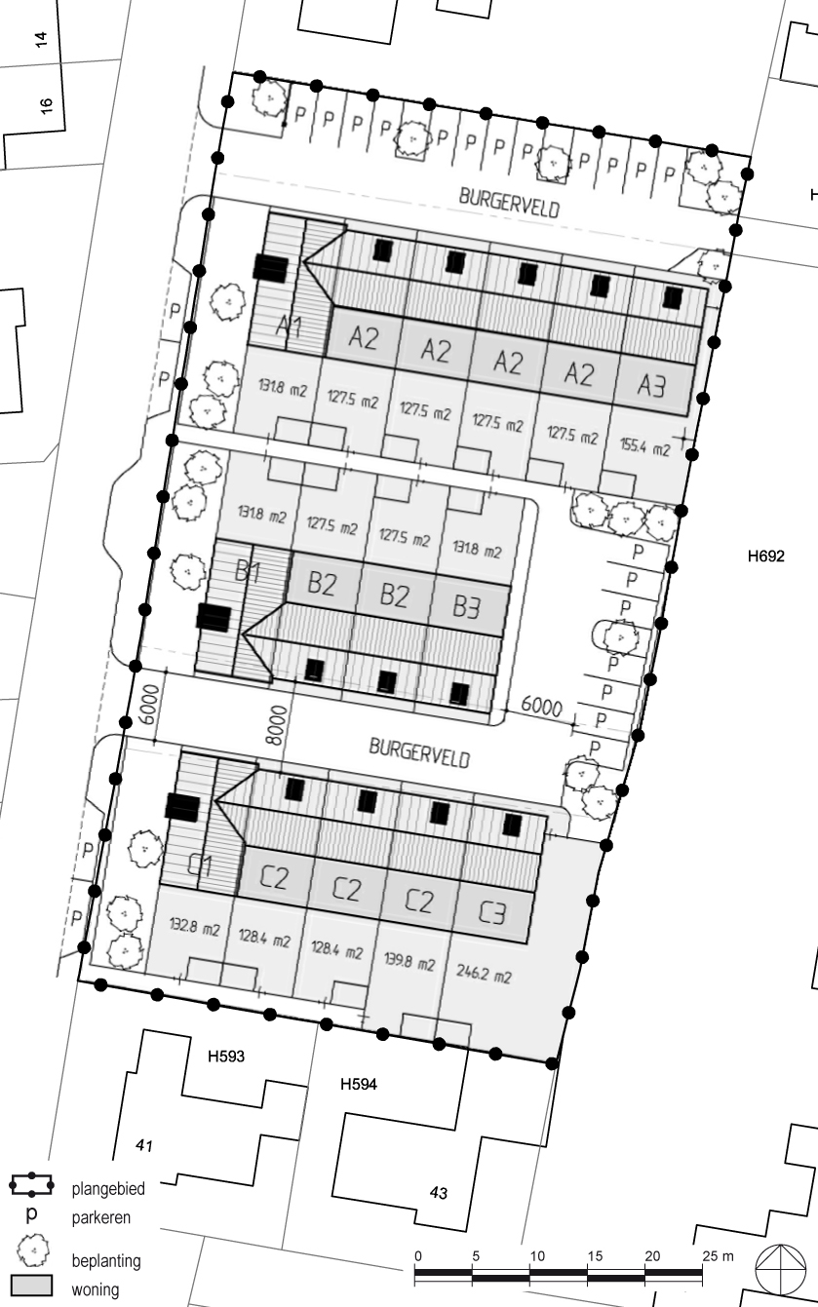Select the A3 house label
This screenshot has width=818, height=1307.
point(651,385)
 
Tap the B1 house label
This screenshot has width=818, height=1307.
point(247,571)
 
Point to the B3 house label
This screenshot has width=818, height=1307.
point(466,607)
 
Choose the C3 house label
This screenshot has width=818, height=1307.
point(491,912)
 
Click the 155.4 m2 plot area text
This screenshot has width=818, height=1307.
point(644,447)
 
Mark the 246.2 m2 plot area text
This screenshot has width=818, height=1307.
point(484,974)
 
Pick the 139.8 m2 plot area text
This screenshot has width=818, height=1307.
point(409,961)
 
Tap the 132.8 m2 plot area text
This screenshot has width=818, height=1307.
point(194,926)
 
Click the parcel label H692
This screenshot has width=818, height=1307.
point(765,557)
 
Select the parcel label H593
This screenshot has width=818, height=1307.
point(226,1057)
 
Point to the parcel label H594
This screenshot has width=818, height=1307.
point(359,1084)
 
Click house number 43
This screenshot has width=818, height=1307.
point(439,1193)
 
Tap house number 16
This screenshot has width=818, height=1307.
point(46,105)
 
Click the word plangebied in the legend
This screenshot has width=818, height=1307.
point(108,1188)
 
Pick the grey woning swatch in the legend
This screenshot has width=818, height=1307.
point(31,1286)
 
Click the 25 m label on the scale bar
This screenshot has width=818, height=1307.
point(718,1255)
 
